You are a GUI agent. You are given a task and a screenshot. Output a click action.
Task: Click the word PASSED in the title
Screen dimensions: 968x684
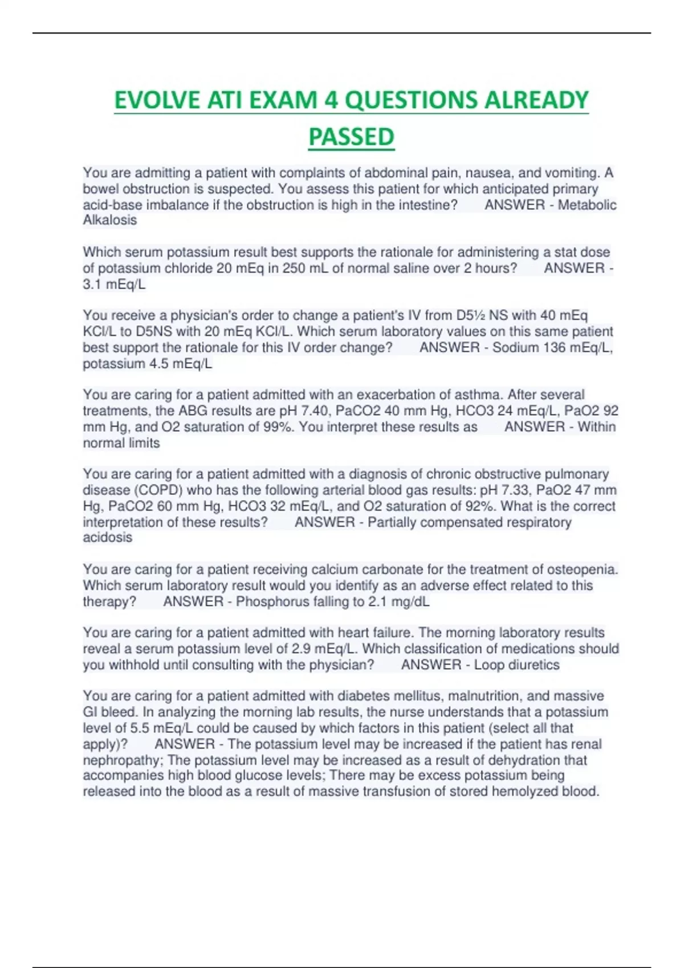[x=351, y=137]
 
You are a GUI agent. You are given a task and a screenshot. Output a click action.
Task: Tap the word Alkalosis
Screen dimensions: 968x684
[x=110, y=220]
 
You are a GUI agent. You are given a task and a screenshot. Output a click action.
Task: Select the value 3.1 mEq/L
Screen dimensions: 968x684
[x=114, y=285]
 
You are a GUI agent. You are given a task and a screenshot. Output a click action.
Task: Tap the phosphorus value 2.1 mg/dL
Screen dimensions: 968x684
[x=397, y=602]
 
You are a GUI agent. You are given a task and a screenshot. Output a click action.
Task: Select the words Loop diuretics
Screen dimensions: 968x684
[x=516, y=665]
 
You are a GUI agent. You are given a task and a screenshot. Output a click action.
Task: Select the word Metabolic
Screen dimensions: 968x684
[x=587, y=205]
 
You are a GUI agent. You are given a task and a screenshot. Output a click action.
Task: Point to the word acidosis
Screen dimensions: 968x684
[x=108, y=538]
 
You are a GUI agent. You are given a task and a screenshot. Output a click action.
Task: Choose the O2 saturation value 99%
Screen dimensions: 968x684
[x=278, y=427]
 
